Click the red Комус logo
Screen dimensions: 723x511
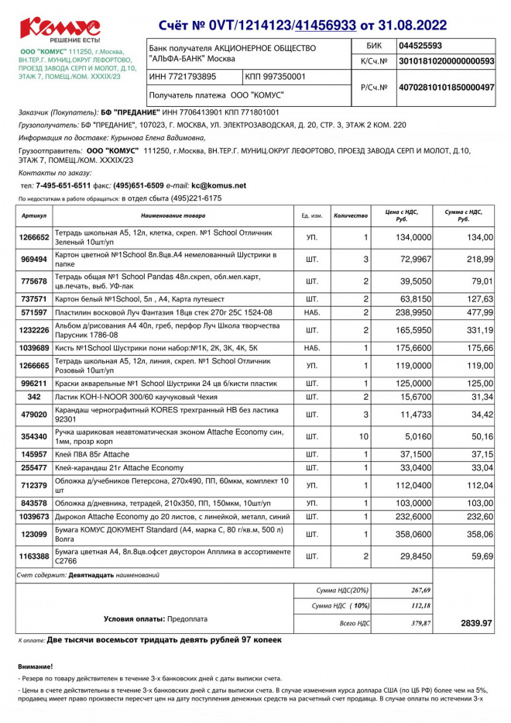[x=60, y=27]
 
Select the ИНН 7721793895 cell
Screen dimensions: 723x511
[x=183, y=77]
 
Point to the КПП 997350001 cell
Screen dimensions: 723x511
[x=276, y=77]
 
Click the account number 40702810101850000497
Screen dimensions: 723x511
[x=445, y=88]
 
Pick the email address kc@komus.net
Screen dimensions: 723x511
[x=218, y=185]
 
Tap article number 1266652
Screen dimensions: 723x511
[x=34, y=237]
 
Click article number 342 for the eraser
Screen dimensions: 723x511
[x=34, y=397]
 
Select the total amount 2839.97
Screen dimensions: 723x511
[x=476, y=622]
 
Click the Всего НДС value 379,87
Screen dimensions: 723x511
[x=412, y=622]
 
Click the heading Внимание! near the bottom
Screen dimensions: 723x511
[x=36, y=666]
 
